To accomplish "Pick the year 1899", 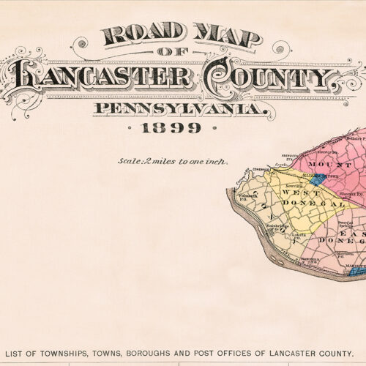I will tap(173, 128).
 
